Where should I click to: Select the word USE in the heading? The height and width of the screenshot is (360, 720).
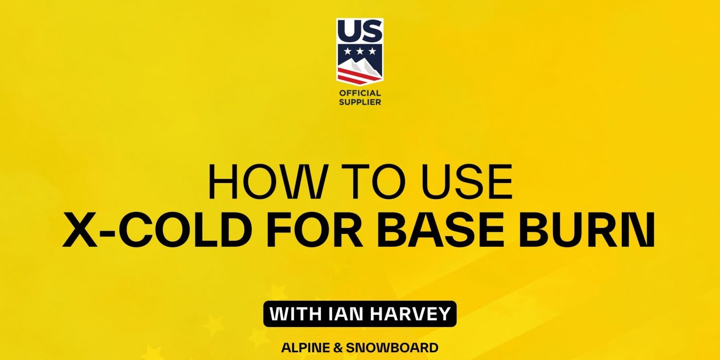467,182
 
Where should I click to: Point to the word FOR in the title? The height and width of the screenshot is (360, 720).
315,229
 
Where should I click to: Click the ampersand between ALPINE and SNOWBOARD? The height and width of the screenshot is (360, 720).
337,348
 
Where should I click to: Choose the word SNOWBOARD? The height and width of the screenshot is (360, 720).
392,348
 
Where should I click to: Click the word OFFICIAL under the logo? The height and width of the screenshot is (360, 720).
360,93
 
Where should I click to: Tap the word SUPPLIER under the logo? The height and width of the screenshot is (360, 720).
360,102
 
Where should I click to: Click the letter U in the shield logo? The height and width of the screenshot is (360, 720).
348,31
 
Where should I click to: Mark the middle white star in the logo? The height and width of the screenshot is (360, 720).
360,51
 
